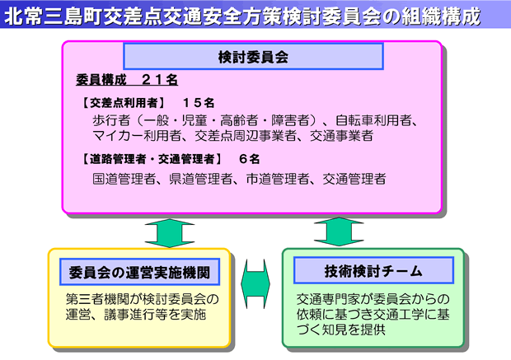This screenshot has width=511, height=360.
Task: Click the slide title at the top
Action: [x=243, y=16]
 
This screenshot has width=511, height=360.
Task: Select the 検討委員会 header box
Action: [x=253, y=56]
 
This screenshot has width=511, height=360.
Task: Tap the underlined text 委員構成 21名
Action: [x=127, y=80]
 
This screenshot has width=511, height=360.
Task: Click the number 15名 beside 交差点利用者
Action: [x=199, y=103]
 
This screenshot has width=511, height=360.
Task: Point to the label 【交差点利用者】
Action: [x=123, y=103]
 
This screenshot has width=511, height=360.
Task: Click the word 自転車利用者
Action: [x=374, y=120]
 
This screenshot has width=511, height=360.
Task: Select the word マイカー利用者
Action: [x=137, y=136]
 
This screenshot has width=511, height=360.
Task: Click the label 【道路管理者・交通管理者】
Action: [x=152, y=159]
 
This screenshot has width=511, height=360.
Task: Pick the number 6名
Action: [x=249, y=159]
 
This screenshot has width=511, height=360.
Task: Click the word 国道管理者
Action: [x=124, y=179]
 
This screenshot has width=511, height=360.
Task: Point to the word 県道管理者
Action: [x=201, y=179]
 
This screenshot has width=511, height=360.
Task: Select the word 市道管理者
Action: [x=278, y=179]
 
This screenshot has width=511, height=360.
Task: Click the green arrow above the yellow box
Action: [x=170, y=233]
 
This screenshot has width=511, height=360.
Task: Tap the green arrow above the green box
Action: [x=339, y=232]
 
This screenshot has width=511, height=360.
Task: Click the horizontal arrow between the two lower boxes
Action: [x=255, y=283]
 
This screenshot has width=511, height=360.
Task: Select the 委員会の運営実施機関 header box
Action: [x=139, y=272]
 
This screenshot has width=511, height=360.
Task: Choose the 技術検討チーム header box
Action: [x=373, y=270]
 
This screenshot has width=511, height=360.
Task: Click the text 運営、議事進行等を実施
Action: [x=136, y=315]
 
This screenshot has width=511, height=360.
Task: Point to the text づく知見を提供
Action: [x=341, y=330]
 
